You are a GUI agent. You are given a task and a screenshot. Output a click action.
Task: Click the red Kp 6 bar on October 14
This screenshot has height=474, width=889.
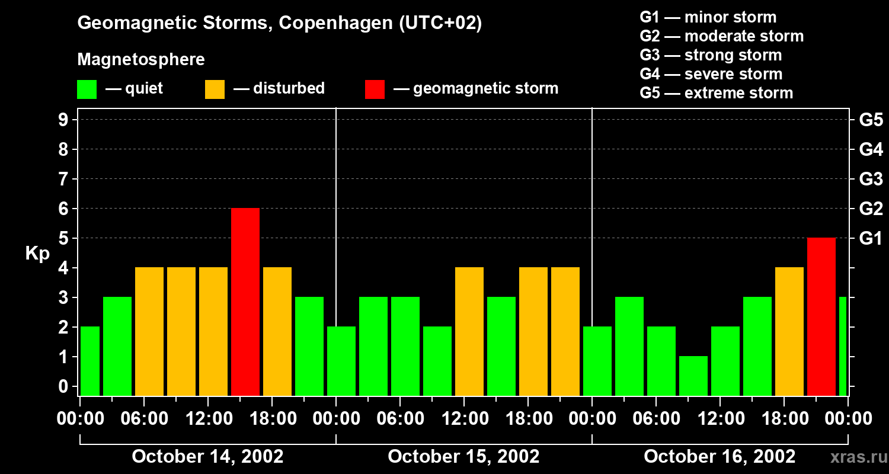coord(245,302)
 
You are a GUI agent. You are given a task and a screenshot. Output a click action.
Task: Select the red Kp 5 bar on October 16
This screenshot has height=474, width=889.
coord(821,316)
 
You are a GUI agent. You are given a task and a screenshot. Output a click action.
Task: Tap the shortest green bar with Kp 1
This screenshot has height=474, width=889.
coord(693,376)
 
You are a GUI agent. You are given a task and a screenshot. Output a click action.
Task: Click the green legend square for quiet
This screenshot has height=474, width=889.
coord(87,89)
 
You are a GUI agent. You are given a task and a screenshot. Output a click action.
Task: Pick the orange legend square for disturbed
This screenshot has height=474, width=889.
coord(215,89)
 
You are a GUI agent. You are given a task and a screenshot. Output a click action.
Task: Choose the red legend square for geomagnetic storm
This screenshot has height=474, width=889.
coord(375,89)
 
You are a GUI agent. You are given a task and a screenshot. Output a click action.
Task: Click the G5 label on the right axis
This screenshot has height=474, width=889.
coord(871,120)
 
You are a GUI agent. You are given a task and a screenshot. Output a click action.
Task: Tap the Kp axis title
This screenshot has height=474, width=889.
coord(37,254)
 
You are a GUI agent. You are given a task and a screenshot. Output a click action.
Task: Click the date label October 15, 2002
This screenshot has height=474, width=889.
coord(463,457)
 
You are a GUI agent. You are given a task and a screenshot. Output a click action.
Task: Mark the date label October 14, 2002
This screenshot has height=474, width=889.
coord(207,457)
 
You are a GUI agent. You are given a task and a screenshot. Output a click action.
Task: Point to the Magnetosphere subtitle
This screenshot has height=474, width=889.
coord(141,60)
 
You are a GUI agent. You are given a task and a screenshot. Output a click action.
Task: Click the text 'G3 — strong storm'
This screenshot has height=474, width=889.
coord(711,55)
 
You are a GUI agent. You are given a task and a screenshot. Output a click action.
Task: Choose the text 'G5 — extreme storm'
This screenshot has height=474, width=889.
coord(716,93)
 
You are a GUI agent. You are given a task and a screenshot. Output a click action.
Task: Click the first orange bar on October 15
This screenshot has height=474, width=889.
coord(469,331)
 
